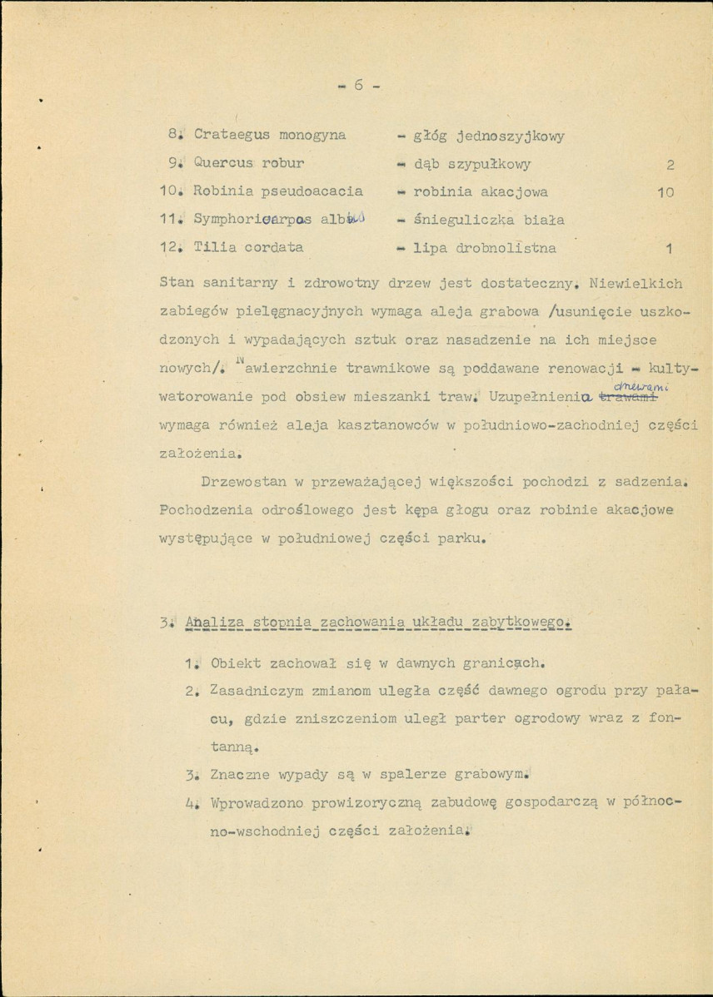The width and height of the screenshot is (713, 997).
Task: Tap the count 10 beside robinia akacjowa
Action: (665, 192)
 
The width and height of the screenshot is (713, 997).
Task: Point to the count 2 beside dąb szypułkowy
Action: (670, 164)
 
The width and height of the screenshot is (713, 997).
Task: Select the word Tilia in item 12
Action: (214, 247)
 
